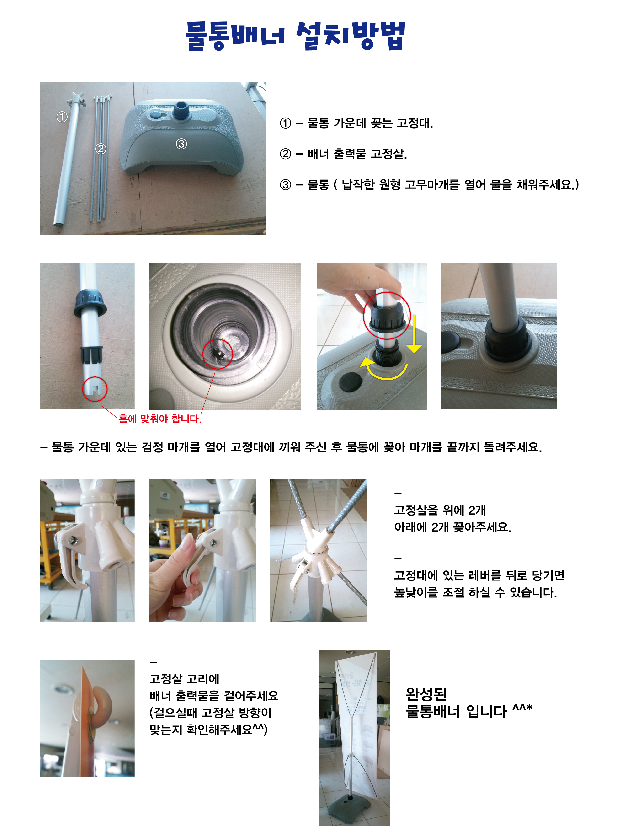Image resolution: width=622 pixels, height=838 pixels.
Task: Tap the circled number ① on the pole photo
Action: pos(62,117)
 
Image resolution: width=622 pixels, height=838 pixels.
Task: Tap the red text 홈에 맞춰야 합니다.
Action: pos(160,419)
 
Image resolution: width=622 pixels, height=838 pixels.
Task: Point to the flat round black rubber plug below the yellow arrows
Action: pos(350,382)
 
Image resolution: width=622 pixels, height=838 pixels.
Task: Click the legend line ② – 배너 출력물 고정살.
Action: pos(343,154)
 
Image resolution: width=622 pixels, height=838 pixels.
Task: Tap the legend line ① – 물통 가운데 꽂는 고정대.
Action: pos(356,123)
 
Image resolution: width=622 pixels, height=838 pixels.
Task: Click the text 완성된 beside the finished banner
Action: pos(426,693)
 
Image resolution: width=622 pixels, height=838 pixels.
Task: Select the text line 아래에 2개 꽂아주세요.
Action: pos(452,527)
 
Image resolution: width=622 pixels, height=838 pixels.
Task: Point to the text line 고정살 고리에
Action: pos(184,679)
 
